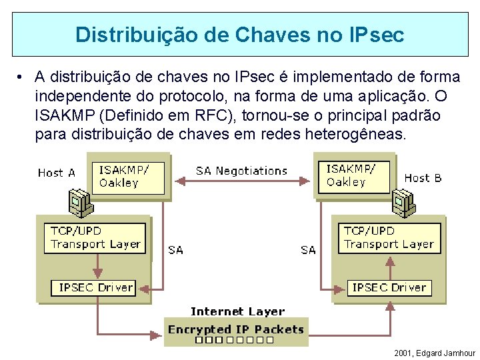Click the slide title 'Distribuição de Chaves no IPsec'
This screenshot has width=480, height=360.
tap(239, 35)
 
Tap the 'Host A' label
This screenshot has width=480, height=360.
tap(57, 173)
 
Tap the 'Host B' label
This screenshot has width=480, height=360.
tap(423, 178)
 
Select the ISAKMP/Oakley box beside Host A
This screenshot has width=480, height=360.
tap(131, 176)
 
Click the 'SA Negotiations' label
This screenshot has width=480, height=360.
tap(241, 171)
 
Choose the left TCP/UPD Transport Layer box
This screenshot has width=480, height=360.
tap(96, 238)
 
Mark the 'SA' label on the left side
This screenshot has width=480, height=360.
tap(176, 250)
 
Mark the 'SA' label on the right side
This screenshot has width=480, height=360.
tap(308, 250)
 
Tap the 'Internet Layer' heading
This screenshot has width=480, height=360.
tap(237, 311)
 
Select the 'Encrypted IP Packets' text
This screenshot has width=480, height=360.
tap(236, 329)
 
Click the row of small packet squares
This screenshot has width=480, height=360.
tap(234, 340)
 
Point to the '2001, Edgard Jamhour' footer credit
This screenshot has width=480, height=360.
tap(435, 353)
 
